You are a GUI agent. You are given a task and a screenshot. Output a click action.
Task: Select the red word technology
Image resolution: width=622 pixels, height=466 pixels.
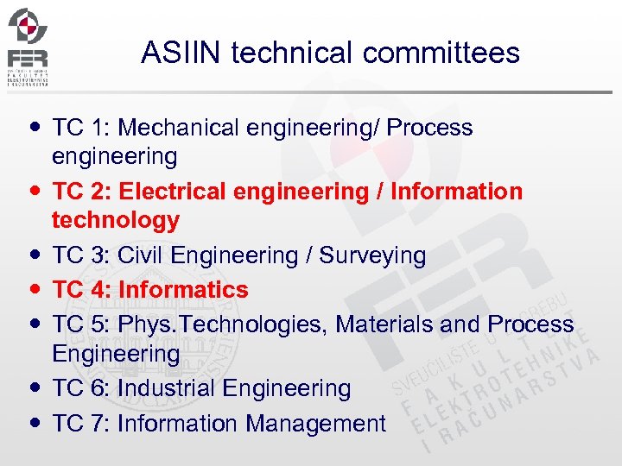pos(116,221)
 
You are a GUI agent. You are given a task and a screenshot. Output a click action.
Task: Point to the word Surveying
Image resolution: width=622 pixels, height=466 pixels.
pos(372,256)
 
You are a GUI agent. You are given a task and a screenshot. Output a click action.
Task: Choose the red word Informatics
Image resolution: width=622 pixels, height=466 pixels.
pos(183,290)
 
